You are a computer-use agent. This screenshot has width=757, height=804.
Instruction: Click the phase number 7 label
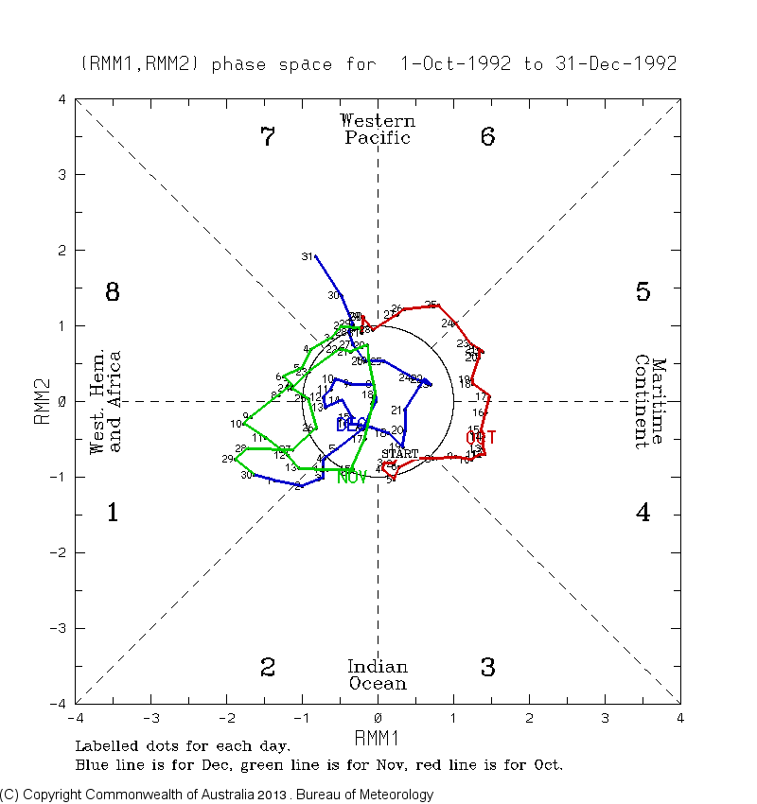(268, 137)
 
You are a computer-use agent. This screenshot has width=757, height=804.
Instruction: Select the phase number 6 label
(487, 137)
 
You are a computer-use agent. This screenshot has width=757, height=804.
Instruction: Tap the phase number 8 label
(112, 292)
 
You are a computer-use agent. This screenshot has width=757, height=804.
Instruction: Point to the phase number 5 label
(643, 292)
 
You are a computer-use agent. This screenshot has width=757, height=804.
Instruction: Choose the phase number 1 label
(112, 514)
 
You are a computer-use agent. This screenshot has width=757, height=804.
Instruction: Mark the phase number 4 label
(643, 514)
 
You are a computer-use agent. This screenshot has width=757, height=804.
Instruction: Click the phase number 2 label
(268, 668)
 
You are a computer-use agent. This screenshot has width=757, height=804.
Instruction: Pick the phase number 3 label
(487, 668)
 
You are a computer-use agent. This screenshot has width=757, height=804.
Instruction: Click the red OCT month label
(481, 437)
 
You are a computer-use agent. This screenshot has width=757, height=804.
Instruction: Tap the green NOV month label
(352, 477)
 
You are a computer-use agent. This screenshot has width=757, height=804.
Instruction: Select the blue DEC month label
(351, 426)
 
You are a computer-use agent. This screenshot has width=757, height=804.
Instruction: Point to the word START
(399, 454)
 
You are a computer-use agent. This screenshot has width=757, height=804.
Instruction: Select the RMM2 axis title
(43, 401)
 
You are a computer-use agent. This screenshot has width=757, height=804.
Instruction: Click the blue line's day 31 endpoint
(315, 256)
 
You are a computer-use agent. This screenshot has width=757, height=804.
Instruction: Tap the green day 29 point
(236, 459)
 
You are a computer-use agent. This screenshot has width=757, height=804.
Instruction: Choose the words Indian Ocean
(378, 675)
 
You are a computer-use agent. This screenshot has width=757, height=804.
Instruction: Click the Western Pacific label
(378, 130)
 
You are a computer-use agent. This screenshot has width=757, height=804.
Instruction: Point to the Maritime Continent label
(651, 401)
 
